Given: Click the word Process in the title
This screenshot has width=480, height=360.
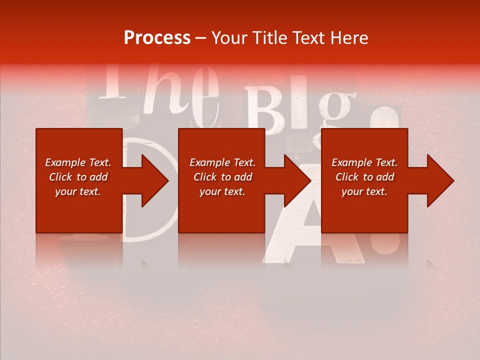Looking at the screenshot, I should (157, 38).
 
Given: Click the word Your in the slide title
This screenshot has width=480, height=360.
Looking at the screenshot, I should (229, 38).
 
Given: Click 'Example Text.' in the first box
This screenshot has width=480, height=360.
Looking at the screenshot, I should (78, 162).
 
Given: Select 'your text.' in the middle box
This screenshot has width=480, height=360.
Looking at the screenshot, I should (222, 191).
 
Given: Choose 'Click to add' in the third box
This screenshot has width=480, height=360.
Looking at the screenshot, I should (365, 177).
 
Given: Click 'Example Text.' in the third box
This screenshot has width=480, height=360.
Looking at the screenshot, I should (364, 162).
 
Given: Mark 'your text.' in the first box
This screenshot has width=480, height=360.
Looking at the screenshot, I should (78, 191).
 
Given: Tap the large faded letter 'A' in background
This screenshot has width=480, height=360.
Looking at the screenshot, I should (315, 225).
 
